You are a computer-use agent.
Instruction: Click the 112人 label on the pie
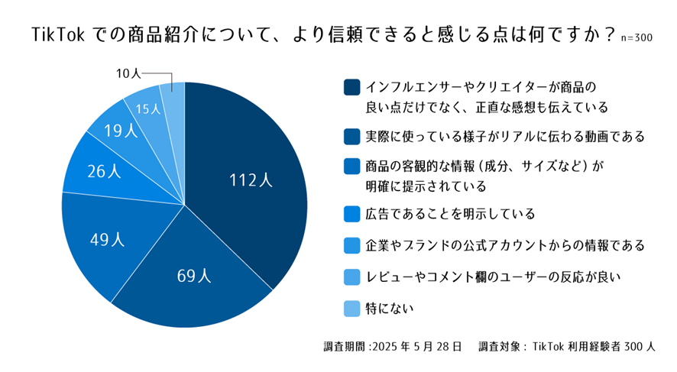pos(251,181)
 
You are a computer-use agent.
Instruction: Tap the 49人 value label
pos(107,239)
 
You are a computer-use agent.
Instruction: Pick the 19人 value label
pos(120,131)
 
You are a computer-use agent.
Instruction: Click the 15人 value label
pos(147,108)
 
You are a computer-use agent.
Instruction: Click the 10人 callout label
pos(128,74)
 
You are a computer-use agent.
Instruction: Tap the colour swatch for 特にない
pos(351,309)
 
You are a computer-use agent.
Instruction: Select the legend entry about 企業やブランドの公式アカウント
pos(506,245)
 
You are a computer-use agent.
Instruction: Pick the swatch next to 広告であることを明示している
pos(351,213)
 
